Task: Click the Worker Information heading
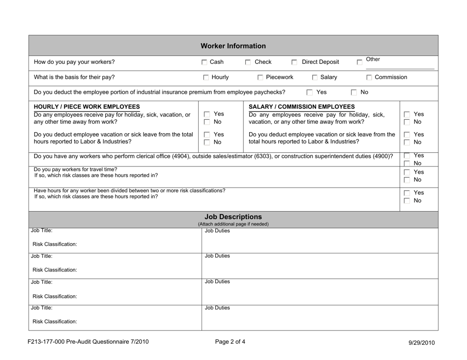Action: tap(233, 46)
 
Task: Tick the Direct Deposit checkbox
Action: tap(294, 62)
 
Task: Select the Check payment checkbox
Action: tap(248, 62)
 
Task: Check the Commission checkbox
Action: tap(369, 78)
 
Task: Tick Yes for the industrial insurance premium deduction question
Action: tap(309, 92)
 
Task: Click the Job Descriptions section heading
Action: tap(233, 216)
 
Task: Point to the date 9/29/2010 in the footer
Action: tap(422, 343)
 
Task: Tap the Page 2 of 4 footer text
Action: tap(233, 343)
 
